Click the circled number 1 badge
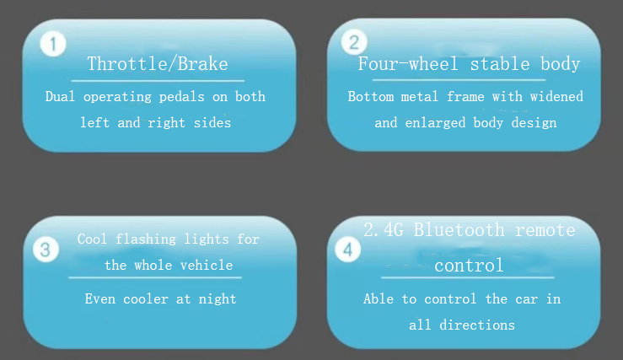pyautogui.click(x=53, y=44)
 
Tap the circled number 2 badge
pyautogui.click(x=354, y=42)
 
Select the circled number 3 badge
pyautogui.click(x=46, y=250)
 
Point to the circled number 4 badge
pyautogui.click(x=347, y=250)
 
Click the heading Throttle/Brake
pyautogui.click(x=158, y=63)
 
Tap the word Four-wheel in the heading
pyautogui.click(x=408, y=63)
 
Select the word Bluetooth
pyautogui.click(x=459, y=230)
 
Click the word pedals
pyautogui.click(x=181, y=98)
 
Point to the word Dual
pyautogui.click(x=60, y=96)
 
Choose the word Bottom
pyautogui.click(x=371, y=97)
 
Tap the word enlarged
pyautogui.click(x=435, y=123)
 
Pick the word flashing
pyautogui.click(x=146, y=239)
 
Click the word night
pyautogui.click(x=218, y=299)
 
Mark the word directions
pyautogui.click(x=477, y=325)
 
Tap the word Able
pyautogui.click(x=379, y=298)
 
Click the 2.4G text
pyautogui.click(x=384, y=230)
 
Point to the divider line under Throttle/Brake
pyautogui.click(x=158, y=81)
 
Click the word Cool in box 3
pyautogui.click(x=92, y=239)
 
